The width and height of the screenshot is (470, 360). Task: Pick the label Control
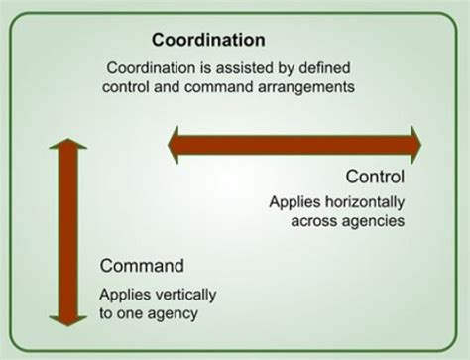click(x=376, y=179)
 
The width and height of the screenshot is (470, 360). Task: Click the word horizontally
click(x=360, y=201)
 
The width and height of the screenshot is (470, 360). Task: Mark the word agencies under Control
click(x=372, y=220)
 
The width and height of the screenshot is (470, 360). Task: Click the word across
click(x=314, y=220)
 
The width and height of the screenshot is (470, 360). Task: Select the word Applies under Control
click(x=291, y=201)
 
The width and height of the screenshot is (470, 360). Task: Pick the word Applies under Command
click(x=119, y=295)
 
